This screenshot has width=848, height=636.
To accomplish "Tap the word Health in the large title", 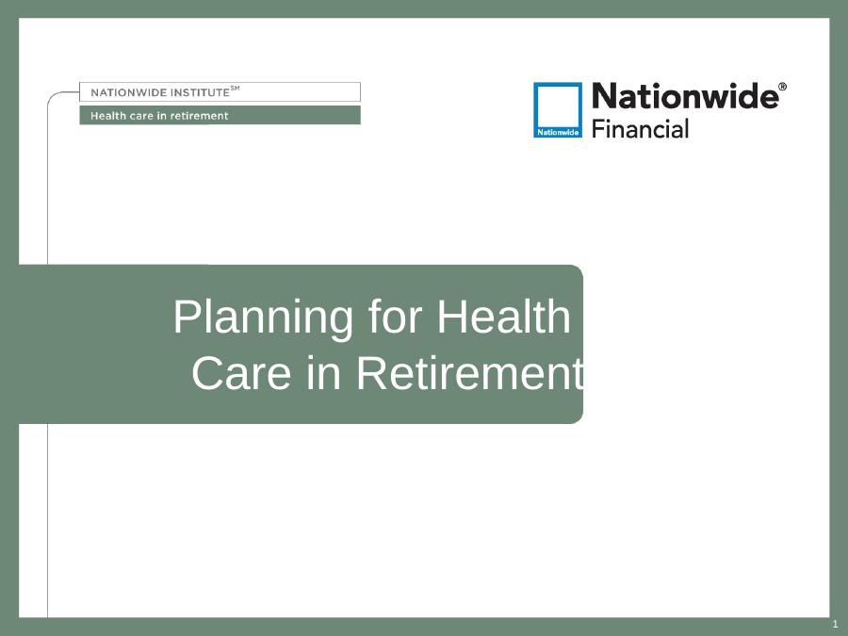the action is click(503, 317).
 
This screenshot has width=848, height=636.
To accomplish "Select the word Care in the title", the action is click(241, 373).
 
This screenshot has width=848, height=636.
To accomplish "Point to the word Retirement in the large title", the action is click(470, 373).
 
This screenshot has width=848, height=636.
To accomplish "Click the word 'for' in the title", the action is click(395, 317).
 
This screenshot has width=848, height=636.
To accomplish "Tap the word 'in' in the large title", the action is click(323, 373).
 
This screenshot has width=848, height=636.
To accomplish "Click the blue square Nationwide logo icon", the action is click(558, 110).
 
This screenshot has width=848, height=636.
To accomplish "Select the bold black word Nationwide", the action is click(685, 96).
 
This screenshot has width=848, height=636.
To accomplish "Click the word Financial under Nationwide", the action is click(640, 129).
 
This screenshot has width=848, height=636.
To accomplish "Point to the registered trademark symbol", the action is click(783, 87).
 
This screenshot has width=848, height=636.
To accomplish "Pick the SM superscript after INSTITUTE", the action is click(236, 89).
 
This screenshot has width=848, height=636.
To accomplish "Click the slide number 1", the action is click(835, 624).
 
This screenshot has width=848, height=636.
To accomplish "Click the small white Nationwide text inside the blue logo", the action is click(558, 132).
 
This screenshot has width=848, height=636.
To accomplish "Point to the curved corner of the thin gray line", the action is click(52, 96).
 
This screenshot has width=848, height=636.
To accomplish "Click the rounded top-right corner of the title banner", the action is click(579, 269).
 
